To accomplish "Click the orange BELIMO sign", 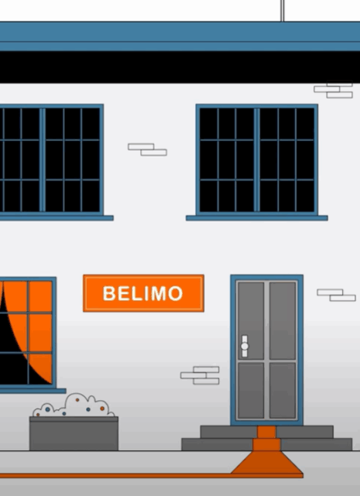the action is pyautogui.click(x=143, y=293).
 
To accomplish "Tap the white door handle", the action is pyautogui.click(x=245, y=346).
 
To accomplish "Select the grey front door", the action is pyautogui.click(x=266, y=350).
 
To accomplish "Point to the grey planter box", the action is pyautogui.click(x=74, y=433).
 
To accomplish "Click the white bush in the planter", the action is pyautogui.click(x=74, y=405).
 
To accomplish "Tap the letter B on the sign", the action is pyautogui.click(x=108, y=293).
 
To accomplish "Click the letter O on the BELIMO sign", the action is pyautogui.click(x=176, y=293).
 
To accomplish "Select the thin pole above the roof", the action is pyautogui.click(x=282, y=11).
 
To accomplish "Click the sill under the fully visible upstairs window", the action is pyautogui.click(x=257, y=218).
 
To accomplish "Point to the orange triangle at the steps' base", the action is pyautogui.click(x=266, y=462).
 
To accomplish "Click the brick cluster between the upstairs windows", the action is pyautogui.click(x=148, y=149).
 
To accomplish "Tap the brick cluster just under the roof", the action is pyautogui.click(x=334, y=91).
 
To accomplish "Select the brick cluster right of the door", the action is pyautogui.click(x=336, y=295).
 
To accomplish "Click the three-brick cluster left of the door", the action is pyautogui.click(x=200, y=375).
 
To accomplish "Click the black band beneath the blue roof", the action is pyautogui.click(x=180, y=67).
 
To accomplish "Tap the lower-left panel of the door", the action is pyautogui.click(x=251, y=391).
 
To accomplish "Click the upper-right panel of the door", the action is pyautogui.click(x=283, y=320).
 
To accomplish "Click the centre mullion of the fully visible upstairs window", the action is pyautogui.click(x=257, y=159).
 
